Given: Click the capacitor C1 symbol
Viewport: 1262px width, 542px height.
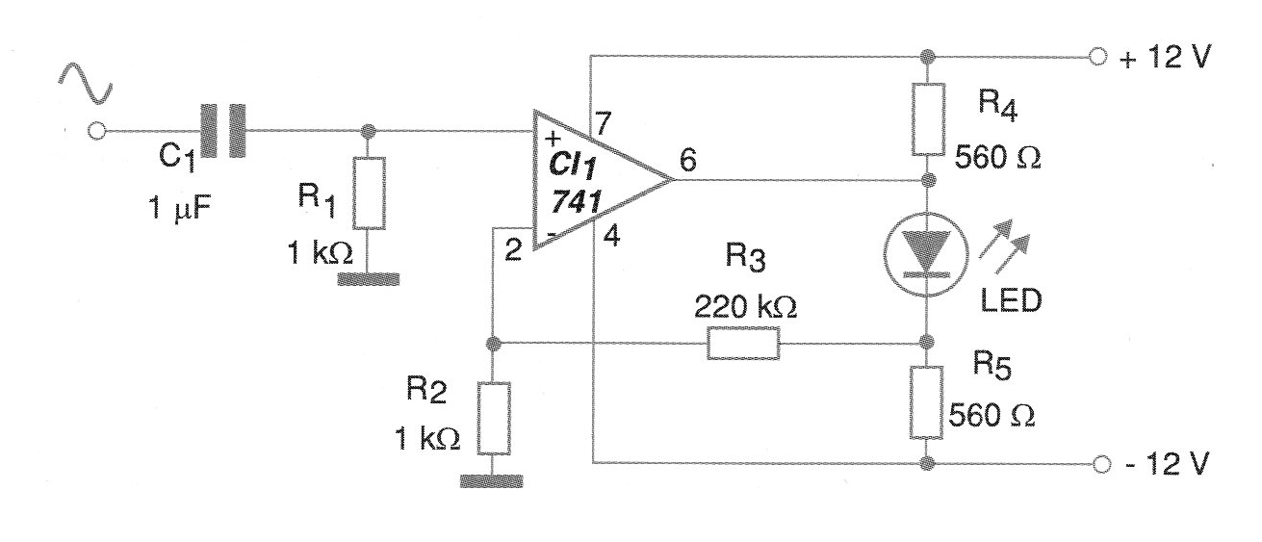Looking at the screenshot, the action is pyautogui.click(x=223, y=131).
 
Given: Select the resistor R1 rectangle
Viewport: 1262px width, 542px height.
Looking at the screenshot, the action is pyautogui.click(x=369, y=194).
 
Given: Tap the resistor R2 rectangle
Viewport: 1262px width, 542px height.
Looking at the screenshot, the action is pyautogui.click(x=494, y=418).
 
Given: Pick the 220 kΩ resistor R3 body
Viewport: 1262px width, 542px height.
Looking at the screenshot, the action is pyautogui.click(x=744, y=343).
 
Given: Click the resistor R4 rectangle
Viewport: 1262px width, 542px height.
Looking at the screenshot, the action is pyautogui.click(x=929, y=118).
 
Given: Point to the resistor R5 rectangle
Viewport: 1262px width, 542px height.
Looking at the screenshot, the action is pyautogui.click(x=926, y=402).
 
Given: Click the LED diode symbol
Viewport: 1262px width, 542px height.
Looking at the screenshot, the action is pyautogui.click(x=927, y=255).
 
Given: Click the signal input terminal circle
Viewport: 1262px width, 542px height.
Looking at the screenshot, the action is pyautogui.click(x=97, y=131).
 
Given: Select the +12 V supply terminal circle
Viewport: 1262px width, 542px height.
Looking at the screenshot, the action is pyautogui.click(x=1098, y=57).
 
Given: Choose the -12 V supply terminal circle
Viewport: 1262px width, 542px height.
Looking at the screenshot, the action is pyautogui.click(x=1102, y=464).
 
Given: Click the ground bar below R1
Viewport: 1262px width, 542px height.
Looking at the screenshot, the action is pyautogui.click(x=369, y=279).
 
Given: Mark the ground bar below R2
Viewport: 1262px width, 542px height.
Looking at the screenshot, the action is pyautogui.click(x=491, y=481).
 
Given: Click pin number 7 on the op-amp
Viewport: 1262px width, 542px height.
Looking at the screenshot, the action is pyautogui.click(x=604, y=123).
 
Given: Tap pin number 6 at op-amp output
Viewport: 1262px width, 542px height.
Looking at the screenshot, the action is pyautogui.click(x=688, y=160).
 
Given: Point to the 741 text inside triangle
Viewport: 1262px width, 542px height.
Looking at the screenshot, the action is pyautogui.click(x=576, y=201).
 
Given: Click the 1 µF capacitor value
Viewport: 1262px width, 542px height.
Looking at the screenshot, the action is pyautogui.click(x=180, y=207).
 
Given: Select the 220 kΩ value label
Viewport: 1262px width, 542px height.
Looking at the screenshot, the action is pyautogui.click(x=745, y=307).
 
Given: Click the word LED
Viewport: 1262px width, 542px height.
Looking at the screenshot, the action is pyautogui.click(x=1012, y=301).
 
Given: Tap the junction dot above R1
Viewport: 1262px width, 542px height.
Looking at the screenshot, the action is pyautogui.click(x=368, y=131).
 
